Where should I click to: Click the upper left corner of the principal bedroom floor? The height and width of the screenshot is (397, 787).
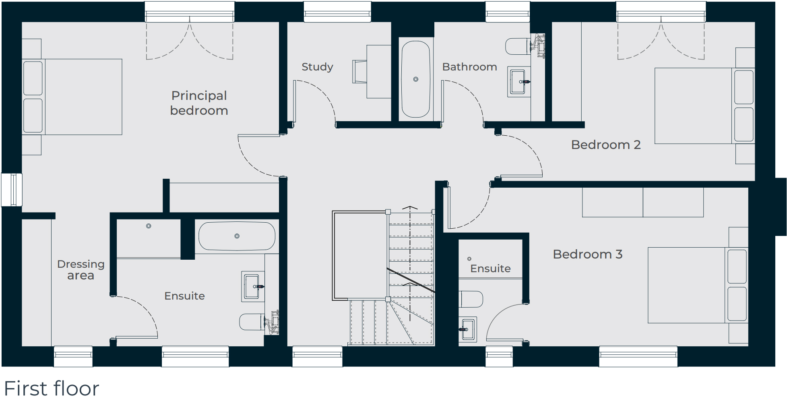(22, 22)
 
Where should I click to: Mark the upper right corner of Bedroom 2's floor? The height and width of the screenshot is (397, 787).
(754, 22)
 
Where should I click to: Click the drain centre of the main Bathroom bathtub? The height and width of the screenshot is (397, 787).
(416, 79)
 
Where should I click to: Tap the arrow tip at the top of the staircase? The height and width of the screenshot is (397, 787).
(410, 207)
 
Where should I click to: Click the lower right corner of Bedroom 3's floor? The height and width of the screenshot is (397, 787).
(748, 346)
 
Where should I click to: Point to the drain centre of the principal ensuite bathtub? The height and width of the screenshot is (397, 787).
(237, 236)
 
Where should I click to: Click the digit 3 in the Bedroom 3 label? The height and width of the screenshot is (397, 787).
(619, 254)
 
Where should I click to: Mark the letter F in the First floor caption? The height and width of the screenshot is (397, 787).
(10, 389)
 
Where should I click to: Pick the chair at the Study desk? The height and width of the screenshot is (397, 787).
(359, 72)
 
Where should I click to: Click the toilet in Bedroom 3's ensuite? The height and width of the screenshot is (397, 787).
(471, 299)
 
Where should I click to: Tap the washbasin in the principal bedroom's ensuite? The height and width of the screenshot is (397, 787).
(253, 286)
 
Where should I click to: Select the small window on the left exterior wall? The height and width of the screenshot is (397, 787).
(12, 190)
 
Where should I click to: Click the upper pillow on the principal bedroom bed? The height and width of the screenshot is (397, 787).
(33, 78)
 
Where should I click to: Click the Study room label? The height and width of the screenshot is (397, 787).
(317, 67)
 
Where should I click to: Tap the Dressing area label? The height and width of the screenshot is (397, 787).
(81, 270)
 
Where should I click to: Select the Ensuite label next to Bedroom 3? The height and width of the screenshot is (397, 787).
(490, 269)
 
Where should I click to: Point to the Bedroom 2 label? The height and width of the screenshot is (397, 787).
(606, 145)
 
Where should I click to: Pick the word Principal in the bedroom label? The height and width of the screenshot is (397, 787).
(199, 96)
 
